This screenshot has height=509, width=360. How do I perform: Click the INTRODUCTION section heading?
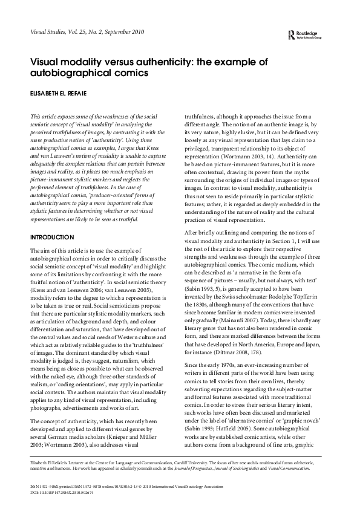click(51, 238)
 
